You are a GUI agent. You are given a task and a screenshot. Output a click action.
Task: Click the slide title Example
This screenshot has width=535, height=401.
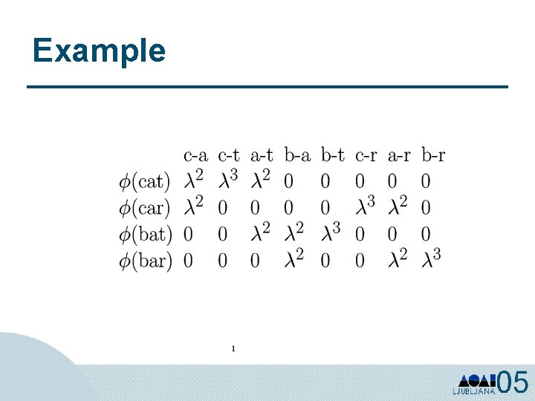coord(99,50)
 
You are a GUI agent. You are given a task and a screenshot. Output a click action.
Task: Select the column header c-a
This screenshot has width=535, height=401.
coord(195,155)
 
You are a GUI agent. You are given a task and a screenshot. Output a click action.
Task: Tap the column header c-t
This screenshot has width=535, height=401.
coord(229,155)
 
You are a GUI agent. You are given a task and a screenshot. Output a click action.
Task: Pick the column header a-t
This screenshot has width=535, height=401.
coord(262,155)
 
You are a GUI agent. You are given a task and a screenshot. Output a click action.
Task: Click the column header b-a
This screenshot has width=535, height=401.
coord(297,155)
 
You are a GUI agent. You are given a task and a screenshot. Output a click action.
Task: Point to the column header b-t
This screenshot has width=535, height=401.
coord(332,155)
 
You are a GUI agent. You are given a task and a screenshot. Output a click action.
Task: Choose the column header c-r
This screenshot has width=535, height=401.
coord(366,155)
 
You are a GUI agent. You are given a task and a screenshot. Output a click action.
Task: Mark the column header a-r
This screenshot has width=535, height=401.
coord(399,155)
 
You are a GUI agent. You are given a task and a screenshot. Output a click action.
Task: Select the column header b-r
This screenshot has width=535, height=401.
coord(433,155)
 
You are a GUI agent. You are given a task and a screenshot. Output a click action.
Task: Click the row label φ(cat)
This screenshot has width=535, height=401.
coord(145,180)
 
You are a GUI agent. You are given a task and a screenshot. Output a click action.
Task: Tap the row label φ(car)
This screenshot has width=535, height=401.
coord(145,207)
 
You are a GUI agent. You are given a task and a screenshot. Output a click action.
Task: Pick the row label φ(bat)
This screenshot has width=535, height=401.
coord(145,234)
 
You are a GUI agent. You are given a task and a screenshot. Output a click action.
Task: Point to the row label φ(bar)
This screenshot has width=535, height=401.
coord(145,261)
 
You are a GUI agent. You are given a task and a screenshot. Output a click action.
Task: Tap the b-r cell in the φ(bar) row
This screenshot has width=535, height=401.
coord(432,259)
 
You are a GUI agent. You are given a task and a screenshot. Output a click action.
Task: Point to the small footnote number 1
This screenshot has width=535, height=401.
coord(233,348)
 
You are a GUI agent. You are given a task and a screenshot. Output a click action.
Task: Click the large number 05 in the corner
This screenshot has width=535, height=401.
coord(513,382)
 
